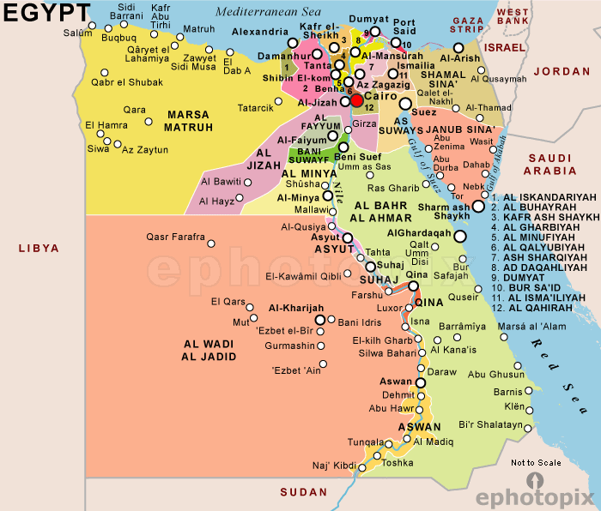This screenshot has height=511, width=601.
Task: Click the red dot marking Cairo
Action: coord(356,101)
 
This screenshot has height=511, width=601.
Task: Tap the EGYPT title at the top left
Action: coord(46,12)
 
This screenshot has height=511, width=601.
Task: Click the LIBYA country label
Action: coord(39,249)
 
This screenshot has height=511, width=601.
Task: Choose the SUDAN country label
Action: coord(304,492)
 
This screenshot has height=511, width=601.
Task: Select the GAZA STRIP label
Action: coord(468,24)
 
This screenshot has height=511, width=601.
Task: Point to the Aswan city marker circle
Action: coord(421,382)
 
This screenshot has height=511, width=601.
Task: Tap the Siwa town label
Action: coord(99,148)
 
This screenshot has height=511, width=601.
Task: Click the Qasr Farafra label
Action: coord(175,237)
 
